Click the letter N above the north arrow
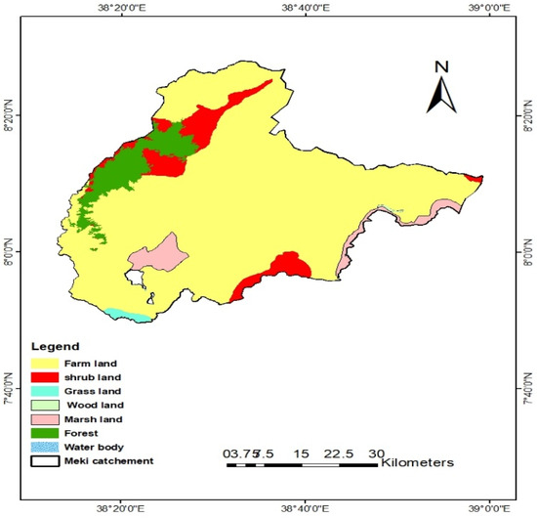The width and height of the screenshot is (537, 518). point(441,67)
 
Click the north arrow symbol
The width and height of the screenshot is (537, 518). point(441,95)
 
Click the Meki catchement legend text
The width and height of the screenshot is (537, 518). point(106,459)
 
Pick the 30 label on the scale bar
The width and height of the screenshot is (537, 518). point(376,453)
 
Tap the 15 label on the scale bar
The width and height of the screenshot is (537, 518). point(301,453)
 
